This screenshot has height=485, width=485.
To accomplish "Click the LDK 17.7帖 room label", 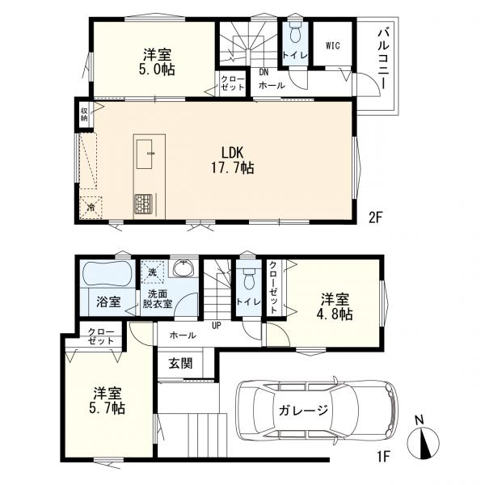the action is click(x=233, y=160).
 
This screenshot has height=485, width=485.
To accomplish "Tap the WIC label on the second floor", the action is click(x=333, y=46).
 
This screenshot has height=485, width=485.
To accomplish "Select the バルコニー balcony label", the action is click(x=383, y=58).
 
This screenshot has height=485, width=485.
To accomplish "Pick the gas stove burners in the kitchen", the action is click(x=144, y=204).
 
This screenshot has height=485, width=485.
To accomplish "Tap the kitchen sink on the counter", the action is click(x=144, y=154).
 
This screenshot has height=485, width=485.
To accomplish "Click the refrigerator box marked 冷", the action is click(x=91, y=208).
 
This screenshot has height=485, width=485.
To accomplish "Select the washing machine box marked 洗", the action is click(x=153, y=272).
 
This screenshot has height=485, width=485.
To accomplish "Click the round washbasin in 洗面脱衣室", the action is click(x=183, y=269).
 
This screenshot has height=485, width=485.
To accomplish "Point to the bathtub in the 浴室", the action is click(x=107, y=275).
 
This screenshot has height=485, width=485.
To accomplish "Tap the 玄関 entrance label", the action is click(x=180, y=364).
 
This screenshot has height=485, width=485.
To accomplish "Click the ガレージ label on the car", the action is click(x=303, y=411).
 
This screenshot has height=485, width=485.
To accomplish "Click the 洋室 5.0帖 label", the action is click(x=157, y=62).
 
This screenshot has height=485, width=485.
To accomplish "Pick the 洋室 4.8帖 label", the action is click(x=335, y=306).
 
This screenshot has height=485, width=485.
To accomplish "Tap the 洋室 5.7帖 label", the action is click(x=107, y=401).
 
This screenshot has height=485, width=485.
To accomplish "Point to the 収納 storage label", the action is click(x=84, y=114).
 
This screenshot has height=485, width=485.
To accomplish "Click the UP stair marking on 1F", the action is click(x=216, y=325).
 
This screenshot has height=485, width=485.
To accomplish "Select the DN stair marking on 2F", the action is click(x=264, y=73).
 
